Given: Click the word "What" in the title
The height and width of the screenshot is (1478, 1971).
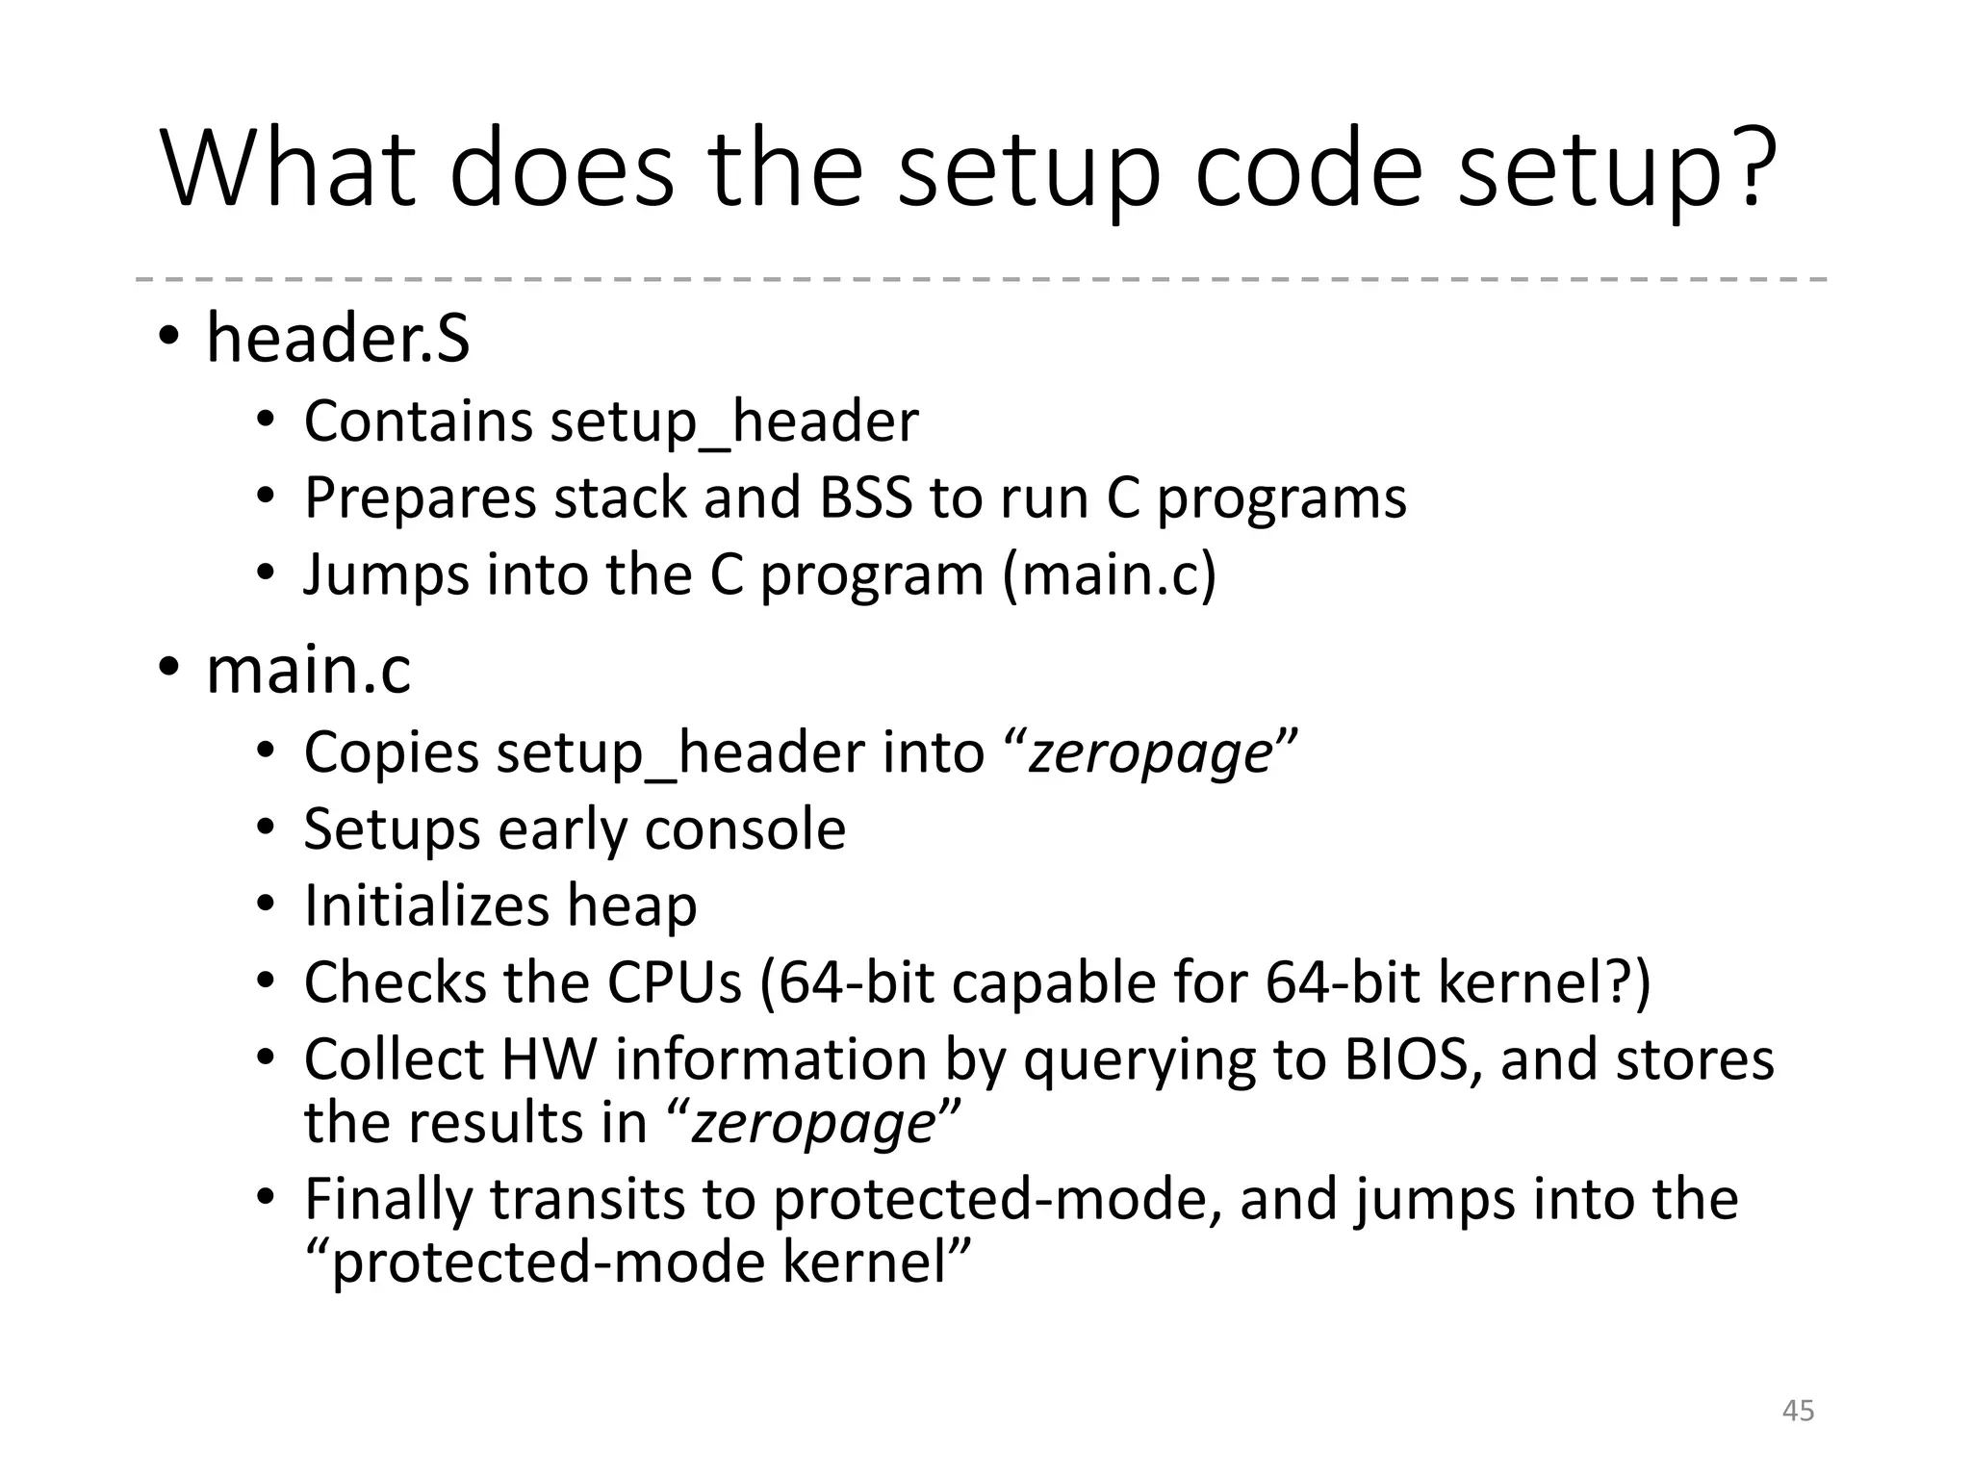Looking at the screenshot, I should [x=289, y=168].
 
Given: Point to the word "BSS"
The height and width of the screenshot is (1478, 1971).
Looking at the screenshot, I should [x=865, y=497].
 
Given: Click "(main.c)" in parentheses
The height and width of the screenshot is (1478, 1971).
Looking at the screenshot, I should [x=1109, y=574].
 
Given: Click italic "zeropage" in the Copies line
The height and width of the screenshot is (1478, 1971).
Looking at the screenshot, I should [x=1151, y=752].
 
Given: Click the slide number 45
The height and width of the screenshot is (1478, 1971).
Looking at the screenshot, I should [x=1798, y=1411].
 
